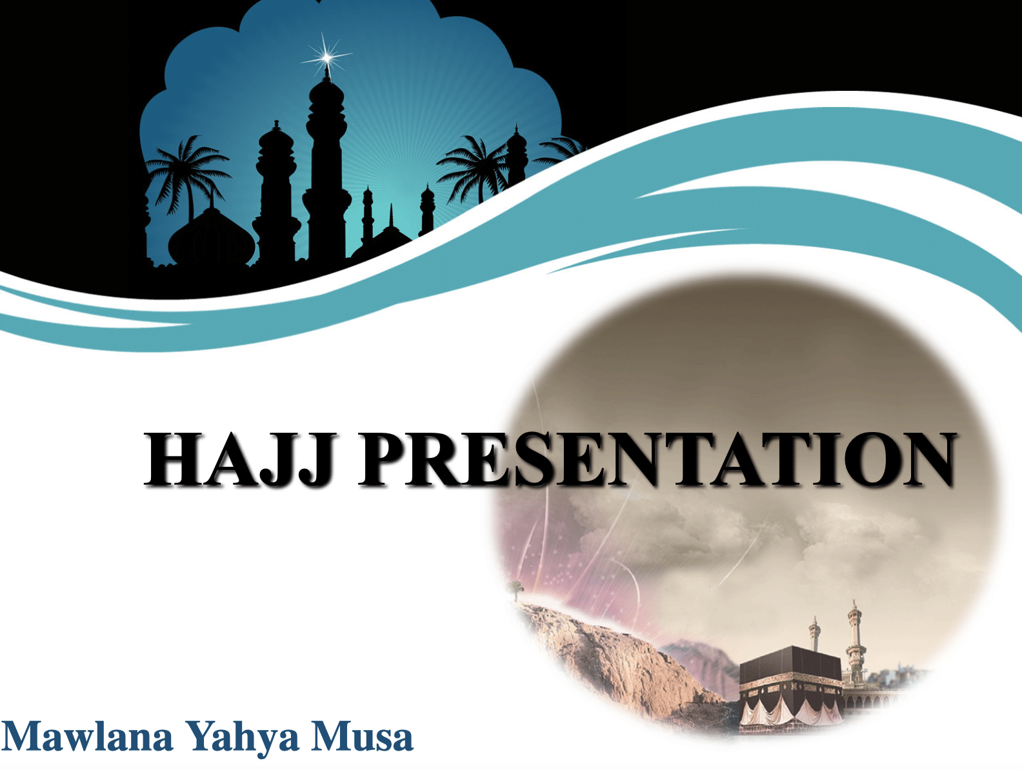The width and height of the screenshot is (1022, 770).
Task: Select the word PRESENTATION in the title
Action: click(x=657, y=459)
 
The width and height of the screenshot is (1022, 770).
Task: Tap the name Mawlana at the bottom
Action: click(x=88, y=736)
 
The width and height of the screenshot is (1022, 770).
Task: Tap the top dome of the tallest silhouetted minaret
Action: click(x=327, y=90)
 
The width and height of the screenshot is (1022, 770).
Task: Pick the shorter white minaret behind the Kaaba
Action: click(x=814, y=635)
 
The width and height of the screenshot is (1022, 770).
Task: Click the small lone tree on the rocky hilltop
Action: click(x=514, y=588)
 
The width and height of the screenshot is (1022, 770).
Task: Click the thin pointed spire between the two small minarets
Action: click(x=390, y=219)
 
